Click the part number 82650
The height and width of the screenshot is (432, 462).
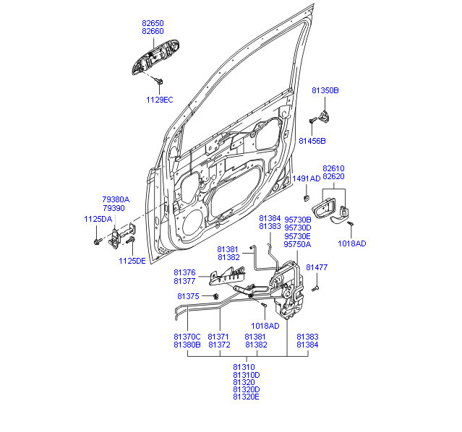click(153, 23)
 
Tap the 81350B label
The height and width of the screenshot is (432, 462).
click(325, 90)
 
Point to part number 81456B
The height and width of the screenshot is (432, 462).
click(312, 140)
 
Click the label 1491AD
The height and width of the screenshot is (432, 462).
click(306, 178)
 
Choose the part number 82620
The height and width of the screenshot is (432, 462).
click(333, 176)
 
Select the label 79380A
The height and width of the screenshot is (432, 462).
click(115, 199)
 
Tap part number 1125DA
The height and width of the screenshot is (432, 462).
click(98, 219)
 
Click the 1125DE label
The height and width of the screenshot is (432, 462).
click(132, 261)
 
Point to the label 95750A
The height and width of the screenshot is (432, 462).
click(297, 244)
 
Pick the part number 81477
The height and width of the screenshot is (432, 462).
click(317, 267)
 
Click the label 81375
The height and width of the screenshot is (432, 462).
click(188, 296)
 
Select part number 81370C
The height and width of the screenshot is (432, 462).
click(187, 337)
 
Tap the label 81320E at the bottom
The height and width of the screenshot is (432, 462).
click(246, 397)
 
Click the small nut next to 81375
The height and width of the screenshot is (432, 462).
click(215, 296)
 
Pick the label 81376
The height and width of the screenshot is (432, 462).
click(184, 272)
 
